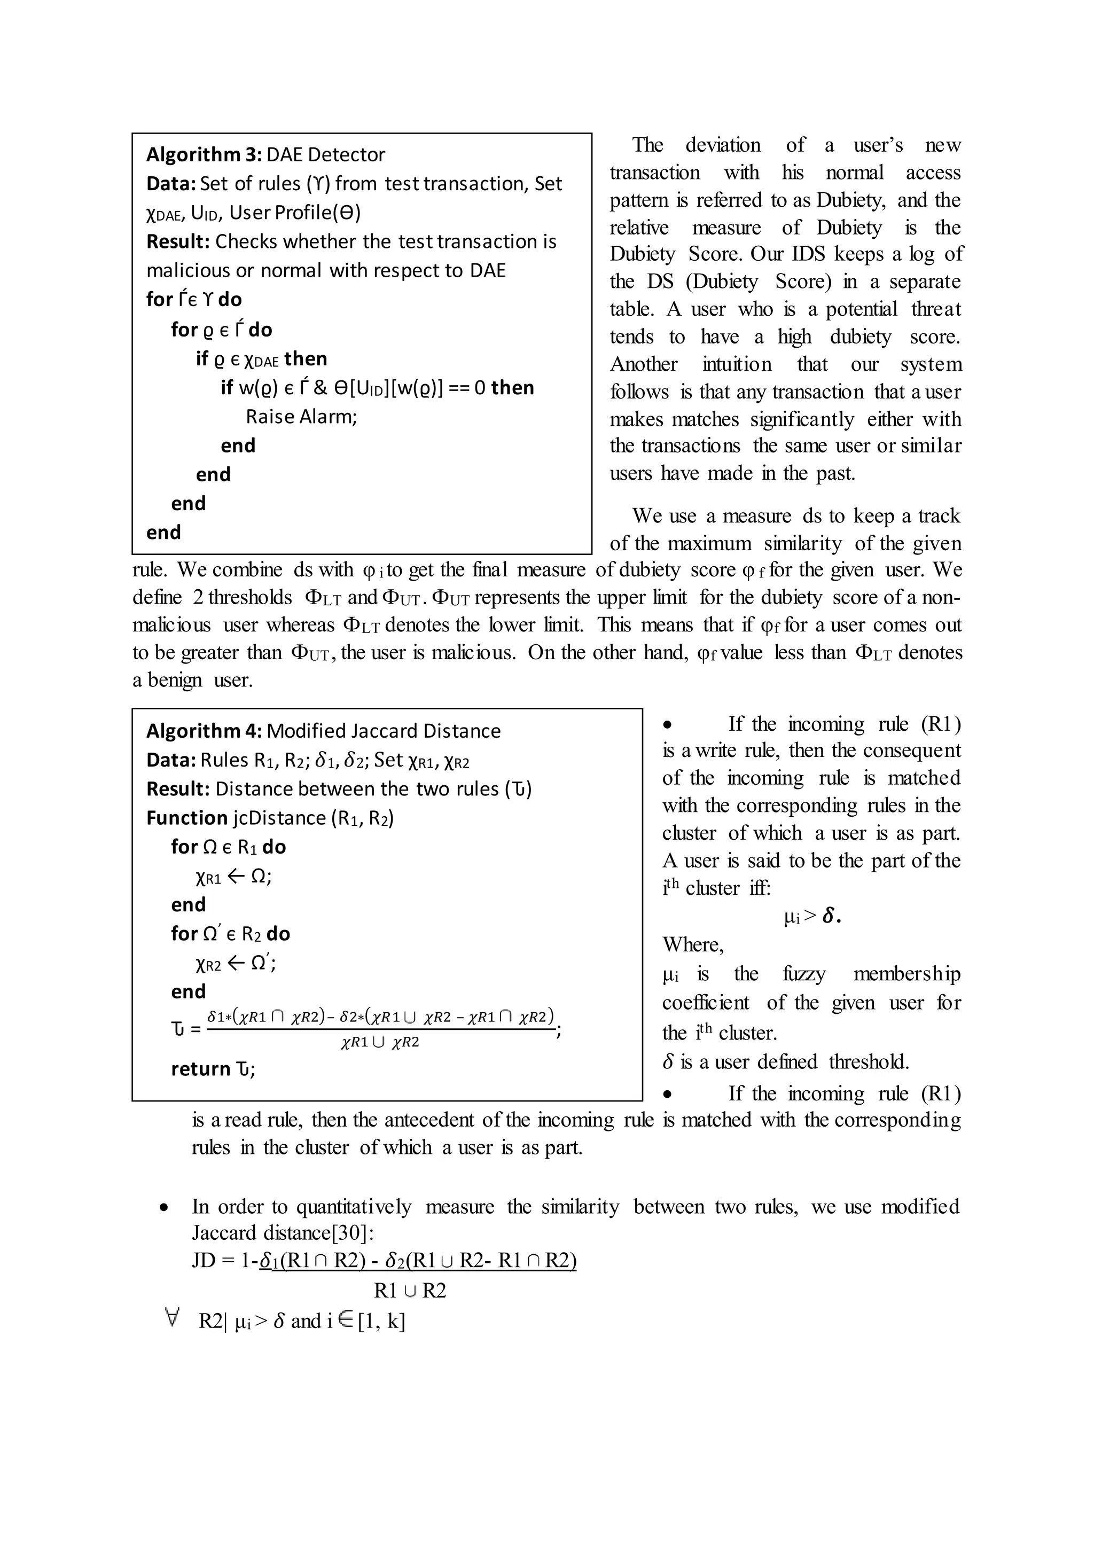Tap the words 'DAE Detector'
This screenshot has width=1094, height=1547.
click(x=325, y=154)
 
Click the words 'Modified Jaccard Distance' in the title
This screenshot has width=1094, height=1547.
click(x=384, y=731)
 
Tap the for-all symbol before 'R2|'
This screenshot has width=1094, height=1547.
click(x=173, y=1319)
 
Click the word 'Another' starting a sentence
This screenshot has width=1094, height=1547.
click(x=643, y=364)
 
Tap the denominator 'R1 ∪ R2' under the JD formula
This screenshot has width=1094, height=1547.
click(x=410, y=1291)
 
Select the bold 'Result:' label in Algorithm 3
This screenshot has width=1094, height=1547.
click(x=178, y=241)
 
